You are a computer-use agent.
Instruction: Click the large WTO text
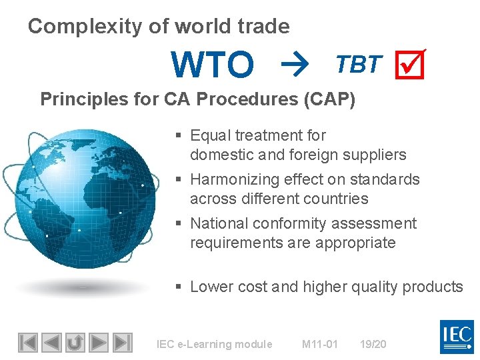click(213, 65)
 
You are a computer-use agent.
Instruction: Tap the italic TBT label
click(359, 64)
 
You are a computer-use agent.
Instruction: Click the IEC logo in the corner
click(457, 337)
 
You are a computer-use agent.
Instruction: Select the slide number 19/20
click(373, 344)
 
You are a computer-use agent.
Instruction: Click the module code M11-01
click(320, 344)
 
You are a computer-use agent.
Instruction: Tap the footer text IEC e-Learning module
click(214, 344)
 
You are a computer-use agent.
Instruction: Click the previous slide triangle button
click(51, 342)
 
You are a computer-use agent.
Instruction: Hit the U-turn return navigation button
click(75, 342)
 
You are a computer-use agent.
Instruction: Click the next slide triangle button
click(99, 342)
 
